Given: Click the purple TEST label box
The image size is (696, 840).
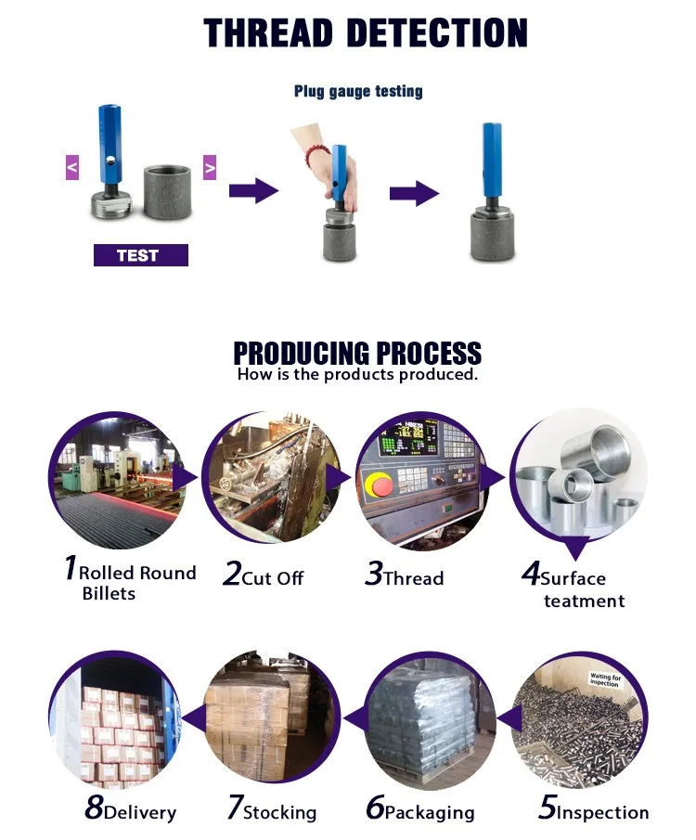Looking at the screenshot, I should pyautogui.click(x=140, y=255).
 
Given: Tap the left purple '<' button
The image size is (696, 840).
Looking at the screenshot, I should pyautogui.click(x=72, y=168).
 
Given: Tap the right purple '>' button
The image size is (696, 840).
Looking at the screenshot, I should pyautogui.click(x=210, y=168).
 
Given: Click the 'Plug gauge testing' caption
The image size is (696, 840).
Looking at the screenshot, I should pyautogui.click(x=358, y=91).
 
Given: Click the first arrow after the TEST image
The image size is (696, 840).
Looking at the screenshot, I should pyautogui.click(x=253, y=192).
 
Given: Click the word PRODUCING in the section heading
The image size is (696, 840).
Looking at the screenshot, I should pyautogui.click(x=293, y=354).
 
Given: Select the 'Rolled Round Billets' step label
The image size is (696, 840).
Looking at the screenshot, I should pyautogui.click(x=130, y=582).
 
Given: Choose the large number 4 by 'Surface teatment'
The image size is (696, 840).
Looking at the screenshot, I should pyautogui.click(x=530, y=574).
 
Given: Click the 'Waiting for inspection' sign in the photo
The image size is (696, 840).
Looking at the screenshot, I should pyautogui.click(x=610, y=682).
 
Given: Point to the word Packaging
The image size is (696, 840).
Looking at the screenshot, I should pyautogui.click(x=429, y=812).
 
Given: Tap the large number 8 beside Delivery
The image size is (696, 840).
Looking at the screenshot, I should pyautogui.click(x=93, y=808).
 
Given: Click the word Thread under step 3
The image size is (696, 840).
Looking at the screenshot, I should pyautogui.click(x=413, y=577).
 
